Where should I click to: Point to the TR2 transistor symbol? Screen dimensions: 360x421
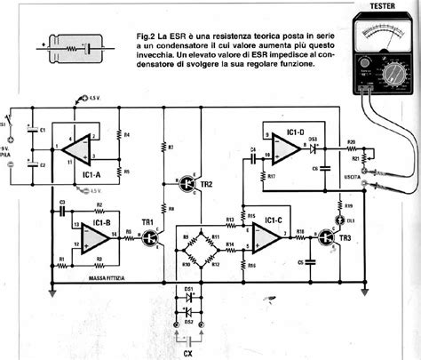click(187, 183)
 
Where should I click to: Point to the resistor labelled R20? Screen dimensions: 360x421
click(351, 142)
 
